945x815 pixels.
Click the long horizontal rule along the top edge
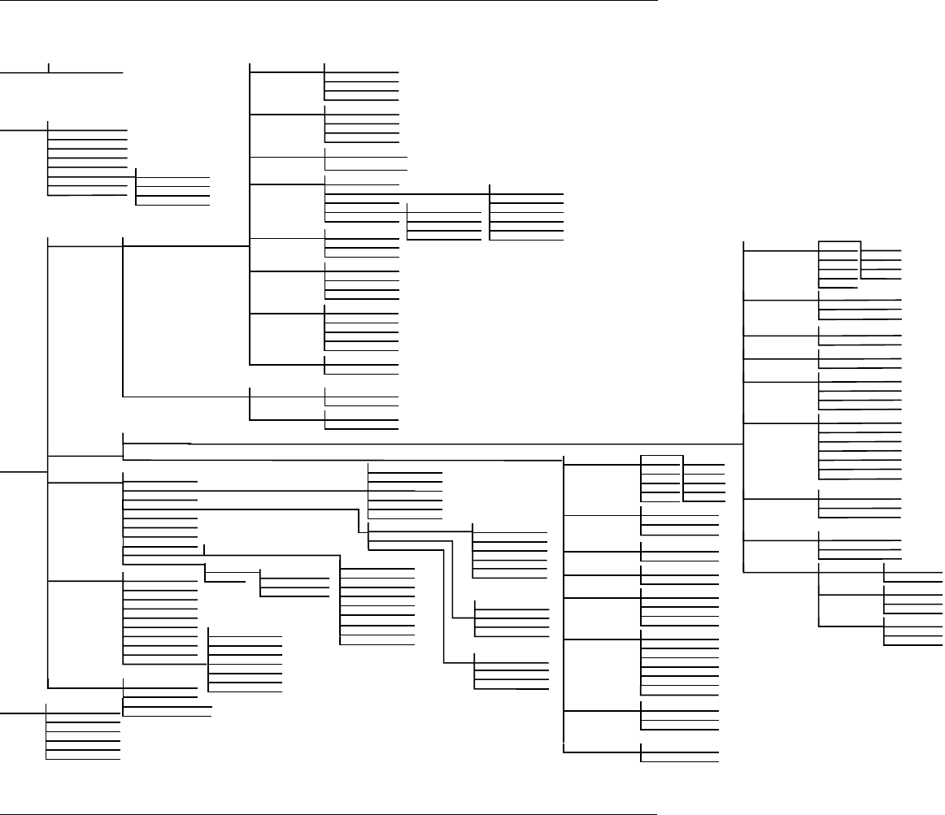pyautogui.click(x=325, y=2)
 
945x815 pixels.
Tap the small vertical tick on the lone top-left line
pyautogui.click(x=49, y=67)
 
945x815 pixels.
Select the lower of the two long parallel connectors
pyautogui.click(x=342, y=458)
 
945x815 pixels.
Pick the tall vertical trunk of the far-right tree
pyautogui.click(x=744, y=406)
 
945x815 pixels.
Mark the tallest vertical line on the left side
pyautogui.click(x=49, y=463)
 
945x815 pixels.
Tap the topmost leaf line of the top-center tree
pyautogui.click(x=362, y=64)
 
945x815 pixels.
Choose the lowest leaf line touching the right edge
pyautogui.click(x=914, y=644)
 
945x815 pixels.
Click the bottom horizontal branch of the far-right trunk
pyautogui.click(x=781, y=573)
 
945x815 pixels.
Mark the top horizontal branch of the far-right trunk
pyautogui.click(x=781, y=251)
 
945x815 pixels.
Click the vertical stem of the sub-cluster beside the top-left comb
pyautogui.click(x=136, y=188)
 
